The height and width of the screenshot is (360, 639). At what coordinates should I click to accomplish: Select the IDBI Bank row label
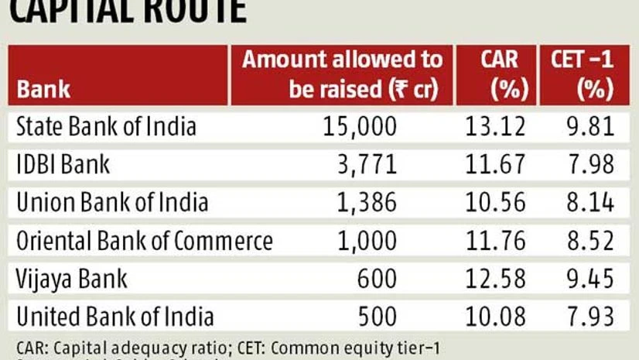pos(63,164)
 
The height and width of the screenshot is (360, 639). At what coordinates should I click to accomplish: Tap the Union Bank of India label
pos(112,202)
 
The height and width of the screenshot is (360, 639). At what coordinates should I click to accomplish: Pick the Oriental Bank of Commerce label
pos(145,240)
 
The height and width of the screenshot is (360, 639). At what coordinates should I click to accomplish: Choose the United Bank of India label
pos(115,316)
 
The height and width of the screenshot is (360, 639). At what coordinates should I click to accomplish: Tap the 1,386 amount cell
pos(370,202)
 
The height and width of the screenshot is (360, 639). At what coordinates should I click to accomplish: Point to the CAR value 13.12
pos(496,126)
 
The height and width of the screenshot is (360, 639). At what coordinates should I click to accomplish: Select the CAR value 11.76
pos(496,240)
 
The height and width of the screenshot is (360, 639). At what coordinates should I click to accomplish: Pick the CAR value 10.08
pos(496,316)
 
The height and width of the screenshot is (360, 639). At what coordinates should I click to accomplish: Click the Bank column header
pos(44,89)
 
